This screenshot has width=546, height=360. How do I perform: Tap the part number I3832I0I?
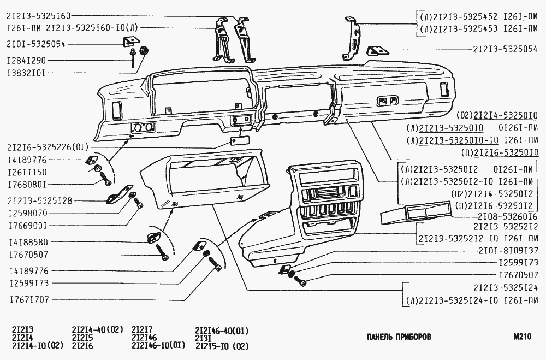pos(26,72)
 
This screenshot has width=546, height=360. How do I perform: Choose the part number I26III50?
pos(27,172)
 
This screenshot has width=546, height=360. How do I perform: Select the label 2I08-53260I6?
pos(500,216)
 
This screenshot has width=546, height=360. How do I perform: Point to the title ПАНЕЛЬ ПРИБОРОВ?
pos(399,337)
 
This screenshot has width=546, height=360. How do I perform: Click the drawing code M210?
pos(522,337)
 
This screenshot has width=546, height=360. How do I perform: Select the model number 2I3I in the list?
pos(204,338)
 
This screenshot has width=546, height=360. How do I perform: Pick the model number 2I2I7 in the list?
pos(143,330)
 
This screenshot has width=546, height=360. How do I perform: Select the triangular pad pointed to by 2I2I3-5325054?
pos(377,51)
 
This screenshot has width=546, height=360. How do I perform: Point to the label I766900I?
pos(27,225)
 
